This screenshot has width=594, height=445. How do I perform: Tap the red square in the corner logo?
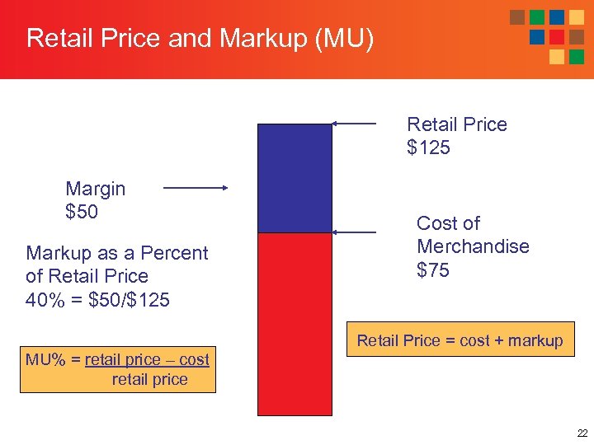pyautogui.click(x=557, y=37)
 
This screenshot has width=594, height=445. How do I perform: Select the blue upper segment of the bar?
pyautogui.click(x=295, y=178)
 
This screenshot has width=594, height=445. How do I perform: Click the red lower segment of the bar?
pyautogui.click(x=295, y=324)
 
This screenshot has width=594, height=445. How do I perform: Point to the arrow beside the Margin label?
pyautogui.click(x=196, y=188)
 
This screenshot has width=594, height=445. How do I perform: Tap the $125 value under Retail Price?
pyautogui.click(x=429, y=148)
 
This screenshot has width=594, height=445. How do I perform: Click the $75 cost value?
pyautogui.click(x=433, y=269)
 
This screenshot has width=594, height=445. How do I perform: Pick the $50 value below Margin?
pyautogui.click(x=82, y=212)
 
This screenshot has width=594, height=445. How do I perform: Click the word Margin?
pyautogui.click(x=96, y=189)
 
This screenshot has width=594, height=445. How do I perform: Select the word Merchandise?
pyautogui.click(x=473, y=246)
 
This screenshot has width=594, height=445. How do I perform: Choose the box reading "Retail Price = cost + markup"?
pyautogui.click(x=460, y=340)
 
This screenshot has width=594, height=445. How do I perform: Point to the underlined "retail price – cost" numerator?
pyautogui.click(x=147, y=360)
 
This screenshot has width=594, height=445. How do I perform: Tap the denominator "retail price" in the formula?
pyautogui.click(x=149, y=380)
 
